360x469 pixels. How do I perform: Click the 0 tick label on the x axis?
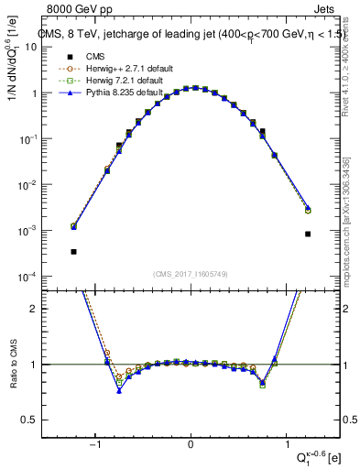191,444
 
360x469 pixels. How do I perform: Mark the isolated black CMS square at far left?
73,251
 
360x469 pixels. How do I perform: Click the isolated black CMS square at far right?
308,234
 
